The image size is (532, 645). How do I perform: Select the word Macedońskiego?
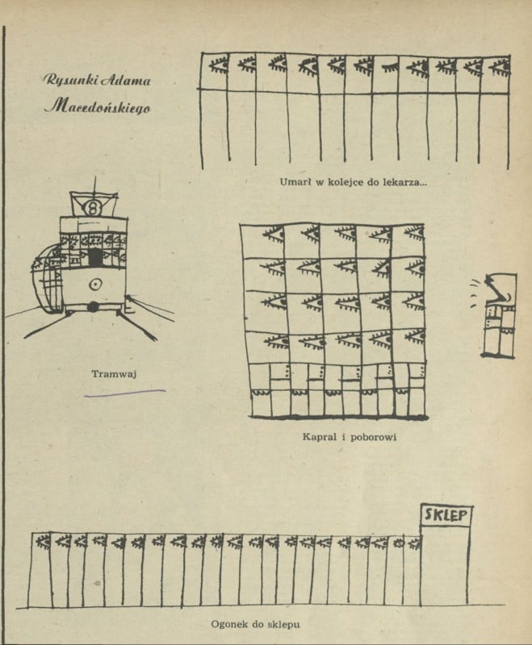[97, 106]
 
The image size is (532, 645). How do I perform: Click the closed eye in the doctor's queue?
[389, 63]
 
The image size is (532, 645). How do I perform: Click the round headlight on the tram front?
[95, 284]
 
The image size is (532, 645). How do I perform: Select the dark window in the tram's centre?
[96, 257]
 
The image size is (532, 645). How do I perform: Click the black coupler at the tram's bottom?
[94, 307]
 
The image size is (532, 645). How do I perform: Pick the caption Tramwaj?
[111, 373]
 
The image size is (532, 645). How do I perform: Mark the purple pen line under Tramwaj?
[129, 393]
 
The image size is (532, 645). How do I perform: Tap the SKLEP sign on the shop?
[446, 514]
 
